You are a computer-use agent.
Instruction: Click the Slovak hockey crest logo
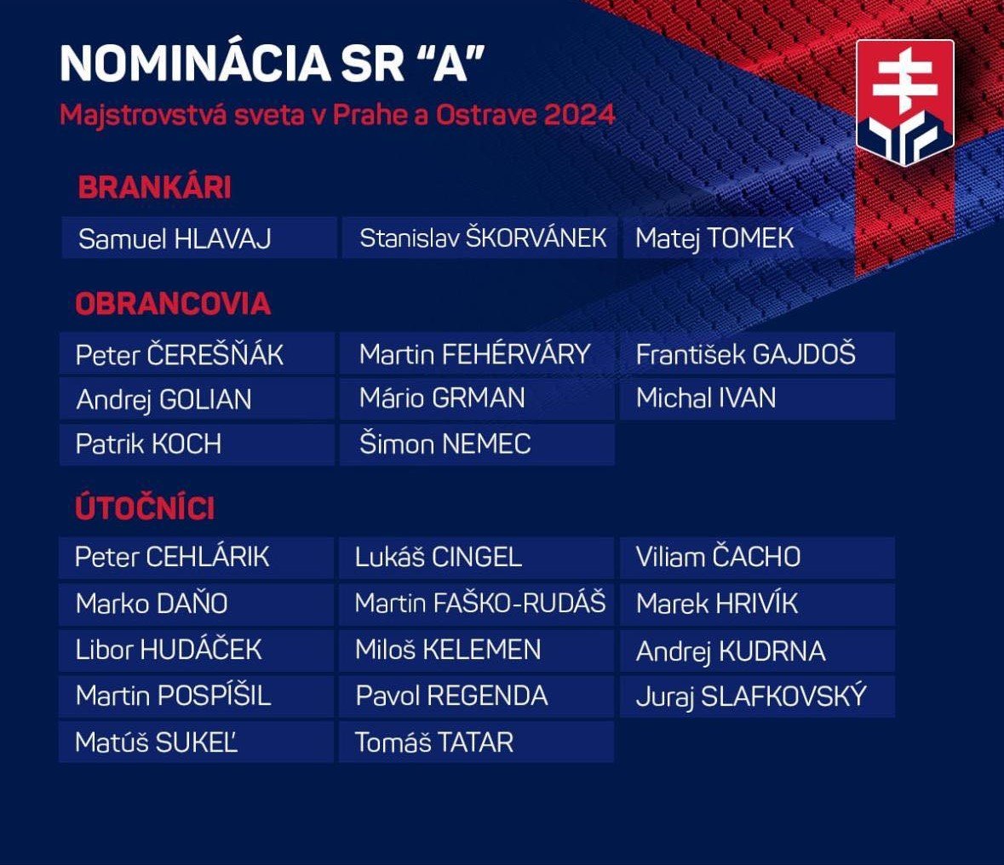(x=905, y=102)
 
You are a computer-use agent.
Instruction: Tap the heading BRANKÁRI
(x=154, y=187)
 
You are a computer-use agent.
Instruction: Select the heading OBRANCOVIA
(x=173, y=303)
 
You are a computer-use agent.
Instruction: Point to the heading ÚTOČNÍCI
(x=145, y=507)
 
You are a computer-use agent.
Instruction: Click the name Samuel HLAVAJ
(x=175, y=239)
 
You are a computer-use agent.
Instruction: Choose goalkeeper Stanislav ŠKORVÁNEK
(x=483, y=238)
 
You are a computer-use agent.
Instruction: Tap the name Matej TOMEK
(x=714, y=239)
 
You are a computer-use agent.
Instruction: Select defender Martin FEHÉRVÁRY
(x=474, y=354)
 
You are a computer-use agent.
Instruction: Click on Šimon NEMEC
(x=445, y=444)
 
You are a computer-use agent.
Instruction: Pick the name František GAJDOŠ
(x=745, y=354)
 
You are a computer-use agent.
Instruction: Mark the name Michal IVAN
(x=706, y=398)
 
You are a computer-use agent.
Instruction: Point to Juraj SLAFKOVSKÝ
(x=751, y=696)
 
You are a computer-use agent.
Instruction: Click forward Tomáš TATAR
(x=434, y=742)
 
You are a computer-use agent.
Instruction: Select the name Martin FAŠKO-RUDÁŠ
(x=480, y=603)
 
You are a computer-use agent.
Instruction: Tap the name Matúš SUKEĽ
(x=156, y=742)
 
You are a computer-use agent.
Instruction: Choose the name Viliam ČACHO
(x=718, y=557)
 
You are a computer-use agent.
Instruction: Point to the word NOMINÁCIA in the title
(x=195, y=63)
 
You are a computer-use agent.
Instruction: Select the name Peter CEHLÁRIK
(x=172, y=557)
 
